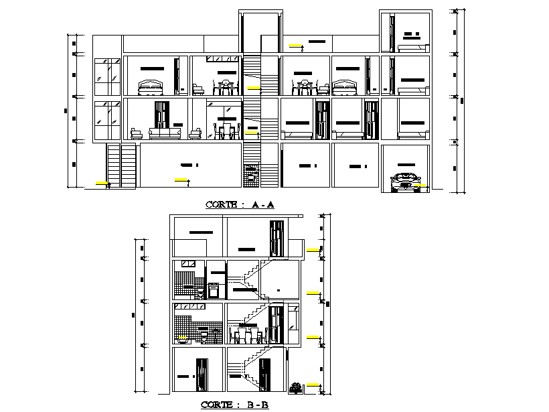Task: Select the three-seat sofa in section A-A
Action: click(x=164, y=135)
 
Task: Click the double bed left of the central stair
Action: click(x=150, y=88)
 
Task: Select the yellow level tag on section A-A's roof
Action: click(x=295, y=45)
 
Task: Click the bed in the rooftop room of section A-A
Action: click(x=412, y=47)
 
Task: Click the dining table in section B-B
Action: click(x=246, y=333)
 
